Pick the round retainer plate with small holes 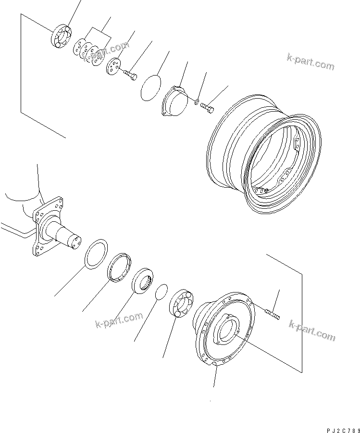point(114,66)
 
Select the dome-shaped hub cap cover point(174,101)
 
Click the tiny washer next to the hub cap point(197,101)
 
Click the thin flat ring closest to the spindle point(97,252)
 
